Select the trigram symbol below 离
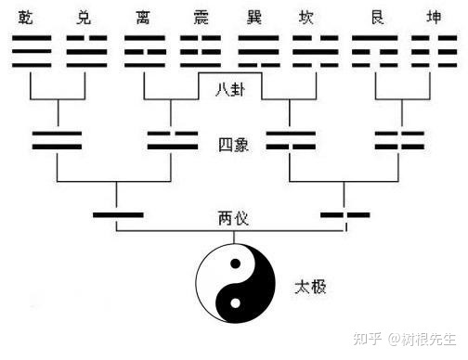(x=145, y=51)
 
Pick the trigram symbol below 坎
(x=316, y=51)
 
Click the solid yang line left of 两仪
(x=118, y=216)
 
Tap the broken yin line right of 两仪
(x=344, y=216)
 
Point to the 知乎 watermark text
(x=370, y=339)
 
